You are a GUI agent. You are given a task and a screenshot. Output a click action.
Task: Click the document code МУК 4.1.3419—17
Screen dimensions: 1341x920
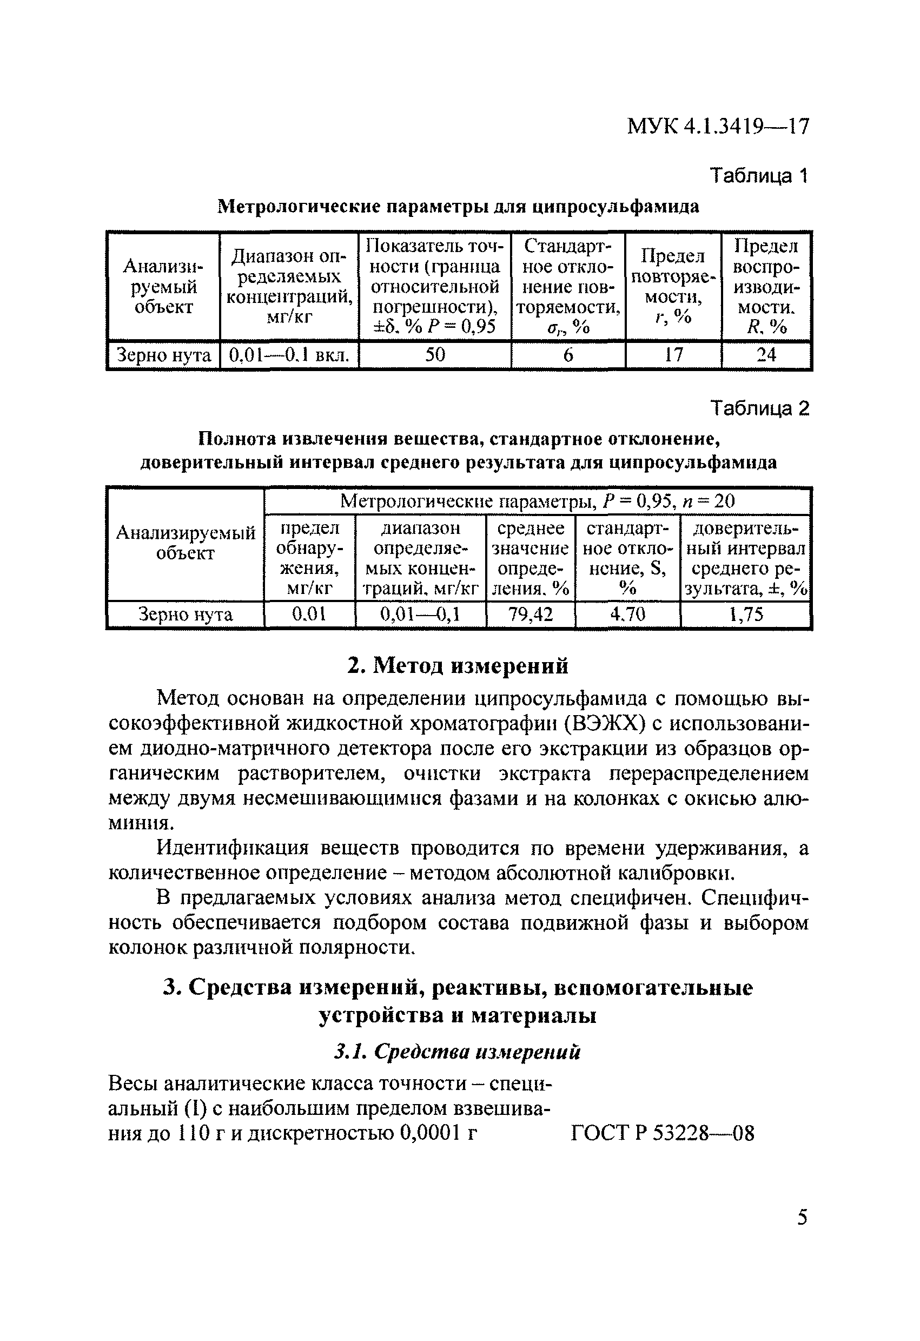tap(718, 126)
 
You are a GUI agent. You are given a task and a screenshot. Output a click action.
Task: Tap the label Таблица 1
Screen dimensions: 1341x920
tap(759, 175)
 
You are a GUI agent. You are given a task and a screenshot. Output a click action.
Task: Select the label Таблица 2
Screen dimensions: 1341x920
tap(759, 408)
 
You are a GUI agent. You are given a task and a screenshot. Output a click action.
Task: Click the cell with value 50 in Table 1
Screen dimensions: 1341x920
tap(435, 354)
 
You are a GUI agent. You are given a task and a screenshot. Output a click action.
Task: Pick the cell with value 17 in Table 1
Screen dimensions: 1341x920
tap(673, 354)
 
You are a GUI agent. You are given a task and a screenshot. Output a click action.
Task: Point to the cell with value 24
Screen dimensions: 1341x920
tap(766, 354)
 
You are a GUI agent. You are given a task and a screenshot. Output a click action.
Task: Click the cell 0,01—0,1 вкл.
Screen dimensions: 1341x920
tap(289, 354)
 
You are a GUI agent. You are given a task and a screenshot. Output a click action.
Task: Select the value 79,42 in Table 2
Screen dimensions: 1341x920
tap(530, 615)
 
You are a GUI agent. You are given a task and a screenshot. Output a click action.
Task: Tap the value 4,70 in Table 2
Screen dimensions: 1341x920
tap(627, 615)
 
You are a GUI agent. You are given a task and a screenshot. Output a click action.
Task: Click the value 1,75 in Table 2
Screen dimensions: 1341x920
tap(746, 615)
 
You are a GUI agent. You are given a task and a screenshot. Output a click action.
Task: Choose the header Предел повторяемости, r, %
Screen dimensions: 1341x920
tap(673, 286)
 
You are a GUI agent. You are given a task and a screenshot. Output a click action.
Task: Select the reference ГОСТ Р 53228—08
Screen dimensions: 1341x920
tap(662, 1134)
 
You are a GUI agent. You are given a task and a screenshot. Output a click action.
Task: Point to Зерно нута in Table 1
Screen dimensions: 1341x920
tap(164, 354)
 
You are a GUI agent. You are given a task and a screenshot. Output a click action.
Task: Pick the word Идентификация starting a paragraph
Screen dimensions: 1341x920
tap(234, 849)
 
